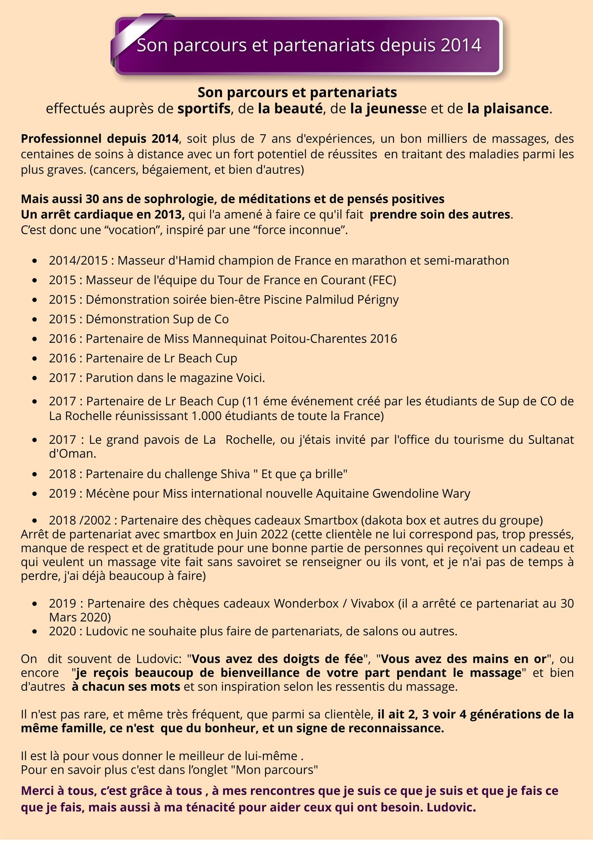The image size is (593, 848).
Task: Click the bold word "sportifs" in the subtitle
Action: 204,109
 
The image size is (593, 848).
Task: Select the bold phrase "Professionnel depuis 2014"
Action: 100,139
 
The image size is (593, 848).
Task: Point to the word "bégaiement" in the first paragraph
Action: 176,170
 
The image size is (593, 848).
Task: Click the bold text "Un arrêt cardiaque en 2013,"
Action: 103,215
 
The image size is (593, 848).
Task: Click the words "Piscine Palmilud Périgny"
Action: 331,299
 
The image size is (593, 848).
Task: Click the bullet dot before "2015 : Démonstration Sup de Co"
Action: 35,319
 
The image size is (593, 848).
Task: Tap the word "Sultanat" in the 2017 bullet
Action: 551,439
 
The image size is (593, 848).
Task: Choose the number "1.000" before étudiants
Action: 207,416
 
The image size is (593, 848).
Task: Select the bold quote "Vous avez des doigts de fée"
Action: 278,659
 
